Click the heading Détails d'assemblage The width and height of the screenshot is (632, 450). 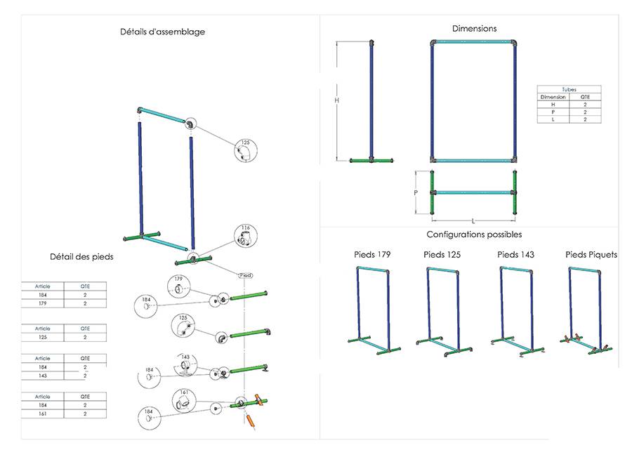tap(162, 32)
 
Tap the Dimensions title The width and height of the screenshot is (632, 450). tap(474, 29)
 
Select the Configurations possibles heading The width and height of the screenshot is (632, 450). tap(474, 234)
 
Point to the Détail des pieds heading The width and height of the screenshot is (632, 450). tap(81, 257)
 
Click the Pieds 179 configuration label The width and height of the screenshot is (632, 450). tap(372, 254)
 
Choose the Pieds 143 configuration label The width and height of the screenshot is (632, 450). tap(515, 254)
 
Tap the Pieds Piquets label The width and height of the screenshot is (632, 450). tap(591, 254)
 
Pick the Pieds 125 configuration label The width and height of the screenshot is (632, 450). tap(442, 254)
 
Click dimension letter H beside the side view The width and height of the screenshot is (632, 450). tap(337, 100)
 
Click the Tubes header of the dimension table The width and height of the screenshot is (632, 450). tap(570, 91)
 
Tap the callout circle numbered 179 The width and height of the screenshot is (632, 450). tap(178, 285)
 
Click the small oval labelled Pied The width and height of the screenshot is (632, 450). tap(245, 275)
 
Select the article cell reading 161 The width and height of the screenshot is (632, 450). tap(42, 414)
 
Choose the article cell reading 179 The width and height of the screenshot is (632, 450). tap(42, 305)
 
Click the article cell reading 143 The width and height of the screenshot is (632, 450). tap(42, 376)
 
